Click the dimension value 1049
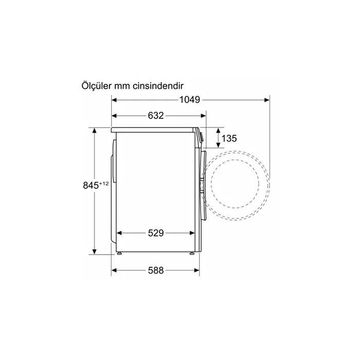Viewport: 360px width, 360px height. pos(190,99)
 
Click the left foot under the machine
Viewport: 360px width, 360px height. pos(120,253)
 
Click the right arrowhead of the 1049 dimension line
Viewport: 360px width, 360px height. pos(267,100)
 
